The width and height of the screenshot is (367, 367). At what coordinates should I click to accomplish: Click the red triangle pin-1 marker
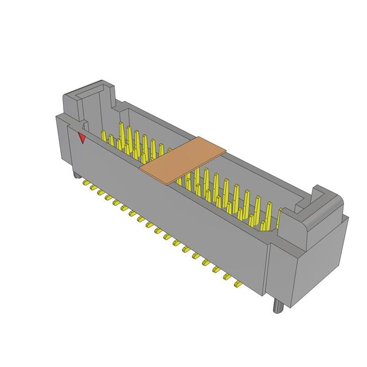pyautogui.click(x=83, y=138)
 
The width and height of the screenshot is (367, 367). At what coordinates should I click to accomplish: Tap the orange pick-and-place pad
pyautogui.click(x=183, y=160)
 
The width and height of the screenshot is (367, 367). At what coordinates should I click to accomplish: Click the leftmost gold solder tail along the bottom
pyautogui.click(x=87, y=183)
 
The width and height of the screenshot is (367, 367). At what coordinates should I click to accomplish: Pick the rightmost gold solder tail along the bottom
pyautogui.click(x=236, y=283)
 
